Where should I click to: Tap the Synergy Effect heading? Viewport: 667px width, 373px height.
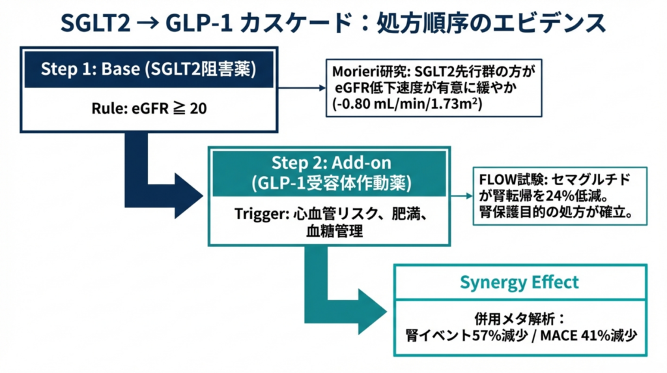click(519, 282)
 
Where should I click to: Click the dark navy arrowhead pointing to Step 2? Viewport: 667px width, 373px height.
click(189, 193)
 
